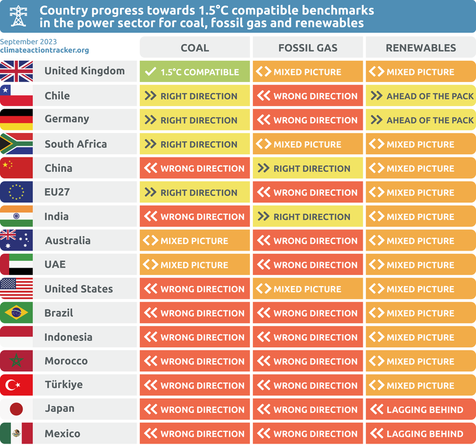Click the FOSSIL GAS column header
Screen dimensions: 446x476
pos(308,47)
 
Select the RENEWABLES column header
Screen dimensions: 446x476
pos(420,47)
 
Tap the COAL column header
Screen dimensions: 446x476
pos(194,47)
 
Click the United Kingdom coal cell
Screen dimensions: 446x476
pos(194,72)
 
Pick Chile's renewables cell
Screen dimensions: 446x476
pos(420,96)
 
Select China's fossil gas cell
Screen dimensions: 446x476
pos(308,168)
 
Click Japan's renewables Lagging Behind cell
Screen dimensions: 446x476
pos(420,409)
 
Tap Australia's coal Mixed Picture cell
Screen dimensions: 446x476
pos(194,241)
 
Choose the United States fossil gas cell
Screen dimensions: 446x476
pos(308,289)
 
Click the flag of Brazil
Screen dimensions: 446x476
pos(16,313)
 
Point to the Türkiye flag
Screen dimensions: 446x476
pos(16,385)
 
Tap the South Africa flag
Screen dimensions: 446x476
pos(16,144)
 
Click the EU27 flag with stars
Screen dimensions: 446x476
pos(16,192)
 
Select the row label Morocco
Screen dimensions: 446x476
pos(66,361)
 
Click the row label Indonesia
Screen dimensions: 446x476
pos(69,337)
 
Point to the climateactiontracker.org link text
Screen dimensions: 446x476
pos(44,50)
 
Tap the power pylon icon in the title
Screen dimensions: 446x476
pos(18,15)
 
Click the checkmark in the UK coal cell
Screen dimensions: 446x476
pos(149,72)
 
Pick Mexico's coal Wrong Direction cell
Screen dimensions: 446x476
pos(194,434)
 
